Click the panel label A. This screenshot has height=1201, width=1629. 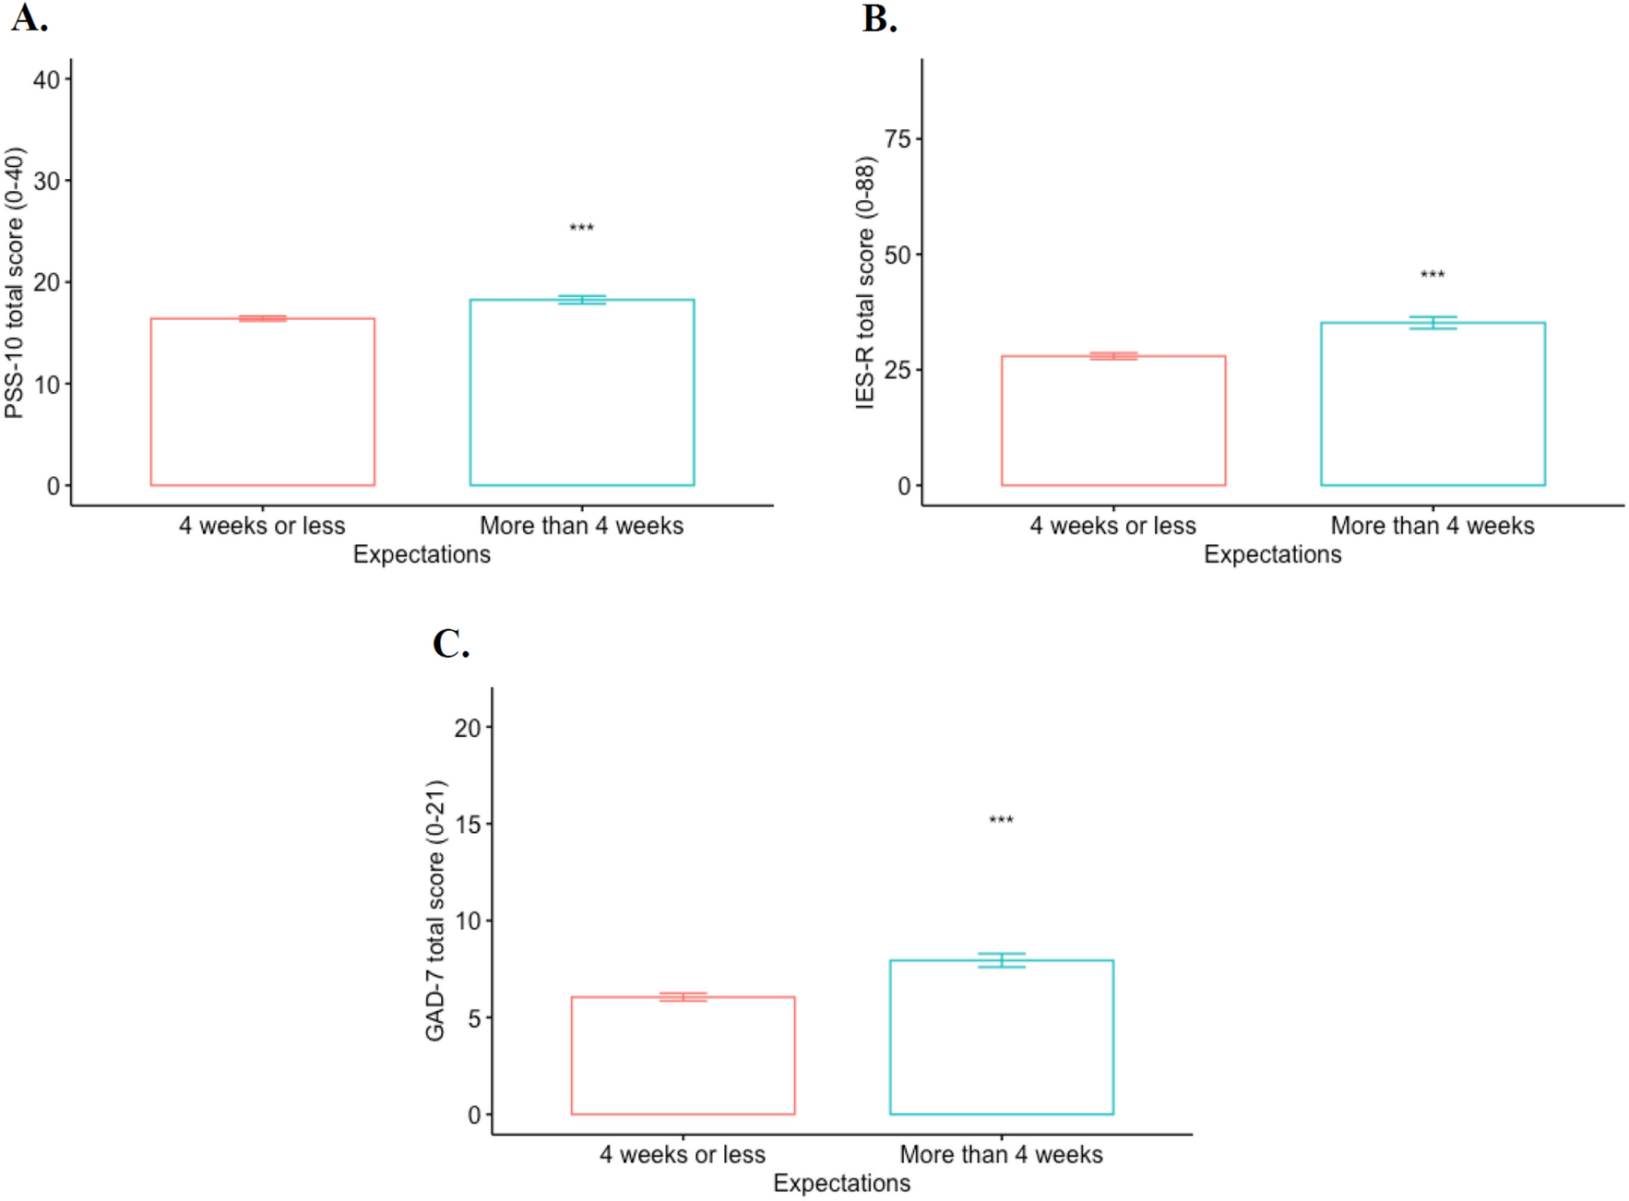[29, 18]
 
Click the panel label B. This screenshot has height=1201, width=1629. [879, 18]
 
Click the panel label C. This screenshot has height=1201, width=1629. [450, 644]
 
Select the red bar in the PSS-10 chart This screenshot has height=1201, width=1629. [263, 402]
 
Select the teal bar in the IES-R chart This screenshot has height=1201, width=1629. [1432, 404]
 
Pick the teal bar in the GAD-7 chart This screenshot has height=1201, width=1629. [1001, 1037]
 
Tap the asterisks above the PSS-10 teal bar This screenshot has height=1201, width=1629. [581, 228]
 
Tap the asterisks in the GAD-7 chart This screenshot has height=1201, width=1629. [1001, 820]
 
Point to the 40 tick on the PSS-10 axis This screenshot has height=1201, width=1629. [47, 79]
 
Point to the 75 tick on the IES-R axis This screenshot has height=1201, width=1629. [898, 139]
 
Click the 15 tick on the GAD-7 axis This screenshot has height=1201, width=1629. [468, 825]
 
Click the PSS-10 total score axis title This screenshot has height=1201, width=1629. [15, 282]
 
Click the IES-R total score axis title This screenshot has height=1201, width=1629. [865, 282]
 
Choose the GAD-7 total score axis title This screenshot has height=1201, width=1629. [435, 910]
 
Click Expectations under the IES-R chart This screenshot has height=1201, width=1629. [1272, 554]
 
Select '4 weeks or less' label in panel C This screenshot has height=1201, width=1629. [682, 1155]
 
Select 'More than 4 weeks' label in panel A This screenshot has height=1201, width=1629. [581, 526]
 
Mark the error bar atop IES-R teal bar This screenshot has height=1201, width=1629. [1432, 323]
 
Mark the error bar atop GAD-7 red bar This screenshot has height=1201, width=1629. [683, 997]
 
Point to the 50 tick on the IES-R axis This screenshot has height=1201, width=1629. [898, 255]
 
